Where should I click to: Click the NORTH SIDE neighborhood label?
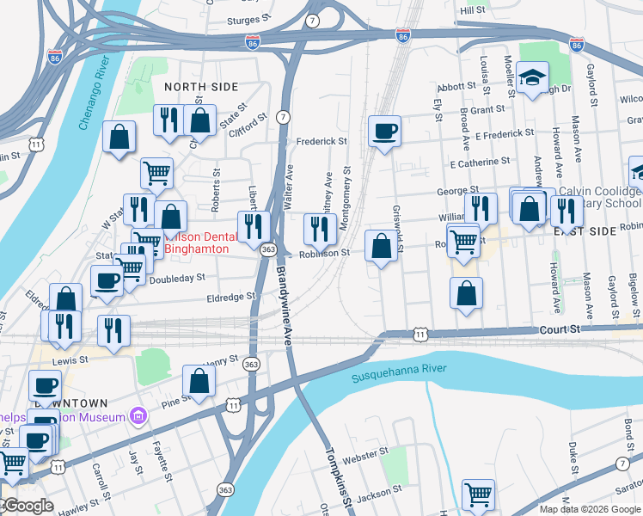(x=201, y=87)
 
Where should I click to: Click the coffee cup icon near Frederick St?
(x=384, y=132)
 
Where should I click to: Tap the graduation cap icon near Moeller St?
(x=532, y=79)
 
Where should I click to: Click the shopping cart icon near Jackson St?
(x=478, y=494)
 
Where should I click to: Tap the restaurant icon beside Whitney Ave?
(x=319, y=229)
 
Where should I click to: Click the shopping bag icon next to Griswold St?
(x=381, y=246)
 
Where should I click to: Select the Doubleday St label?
(x=176, y=278)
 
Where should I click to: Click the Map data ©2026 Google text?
(x=588, y=508)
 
